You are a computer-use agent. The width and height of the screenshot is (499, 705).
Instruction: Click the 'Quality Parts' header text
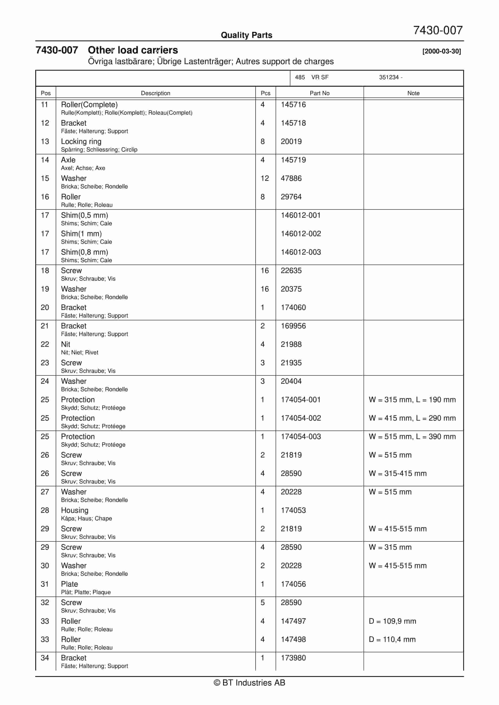pyautogui.click(x=246, y=35)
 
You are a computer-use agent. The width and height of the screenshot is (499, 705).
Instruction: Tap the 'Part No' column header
pyautogui.click(x=319, y=93)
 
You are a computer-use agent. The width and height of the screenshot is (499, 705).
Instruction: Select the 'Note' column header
pyautogui.click(x=413, y=93)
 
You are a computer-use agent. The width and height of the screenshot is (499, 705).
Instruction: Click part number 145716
pyautogui.click(x=293, y=105)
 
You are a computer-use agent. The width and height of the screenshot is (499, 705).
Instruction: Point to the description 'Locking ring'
pyautogui.click(x=81, y=141)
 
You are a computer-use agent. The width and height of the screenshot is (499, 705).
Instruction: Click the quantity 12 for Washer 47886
pyautogui.click(x=265, y=178)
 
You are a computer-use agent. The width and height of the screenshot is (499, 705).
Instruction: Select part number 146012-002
pyautogui.click(x=300, y=234)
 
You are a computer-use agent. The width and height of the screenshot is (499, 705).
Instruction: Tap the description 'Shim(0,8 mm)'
pyautogui.click(x=84, y=252)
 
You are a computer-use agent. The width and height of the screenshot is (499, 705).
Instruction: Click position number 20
pyautogui.click(x=45, y=307)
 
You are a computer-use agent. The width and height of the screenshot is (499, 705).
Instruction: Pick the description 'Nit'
pyautogui.click(x=65, y=344)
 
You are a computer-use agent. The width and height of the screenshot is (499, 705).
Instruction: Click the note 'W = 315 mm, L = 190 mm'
pyautogui.click(x=412, y=399)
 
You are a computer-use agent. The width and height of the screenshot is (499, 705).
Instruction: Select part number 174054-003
pyautogui.click(x=300, y=436)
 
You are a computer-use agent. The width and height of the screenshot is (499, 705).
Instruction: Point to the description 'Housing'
pyautogui.click(x=75, y=510)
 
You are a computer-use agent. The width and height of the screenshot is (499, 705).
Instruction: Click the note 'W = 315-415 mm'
pyautogui.click(x=398, y=473)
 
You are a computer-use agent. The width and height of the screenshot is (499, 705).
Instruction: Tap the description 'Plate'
pyautogui.click(x=69, y=584)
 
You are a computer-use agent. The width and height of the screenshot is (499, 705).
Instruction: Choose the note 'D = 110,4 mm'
pyautogui.click(x=392, y=639)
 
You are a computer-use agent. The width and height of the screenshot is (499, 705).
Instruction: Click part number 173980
pyautogui.click(x=293, y=658)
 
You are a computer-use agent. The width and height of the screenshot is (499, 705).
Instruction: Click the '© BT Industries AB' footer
pyautogui.click(x=249, y=683)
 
